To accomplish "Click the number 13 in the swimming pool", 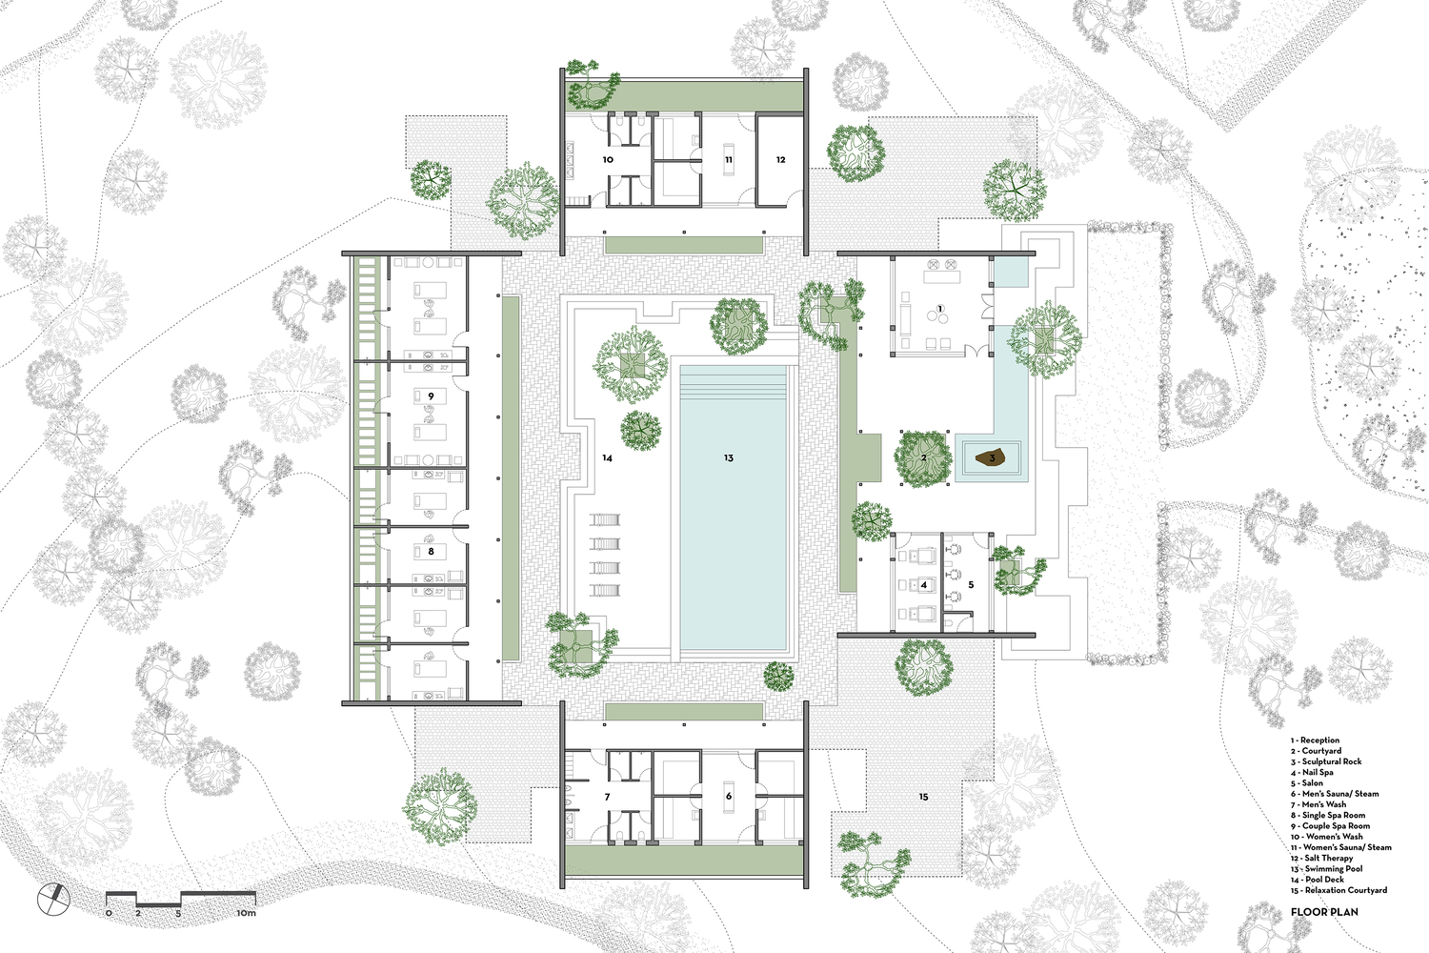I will tap(728, 458).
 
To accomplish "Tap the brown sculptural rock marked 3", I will tap(991, 458).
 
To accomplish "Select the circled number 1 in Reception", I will tap(939, 309).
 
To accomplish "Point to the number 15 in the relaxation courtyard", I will tap(923, 796).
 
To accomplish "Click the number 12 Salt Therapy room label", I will tap(780, 160).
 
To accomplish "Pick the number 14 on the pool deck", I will tap(607, 458).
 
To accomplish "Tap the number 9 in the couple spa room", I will tap(431, 395).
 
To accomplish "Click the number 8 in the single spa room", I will tap(431, 551).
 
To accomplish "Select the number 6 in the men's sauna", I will tap(729, 796).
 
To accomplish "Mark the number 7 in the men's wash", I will tap(607, 796).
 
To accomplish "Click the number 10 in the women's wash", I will tap(607, 160).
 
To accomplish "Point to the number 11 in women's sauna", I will tap(728, 160).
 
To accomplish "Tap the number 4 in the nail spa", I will tap(923, 584).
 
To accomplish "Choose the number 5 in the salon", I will tap(971, 584).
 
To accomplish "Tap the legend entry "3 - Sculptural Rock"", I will tap(1327, 761).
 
